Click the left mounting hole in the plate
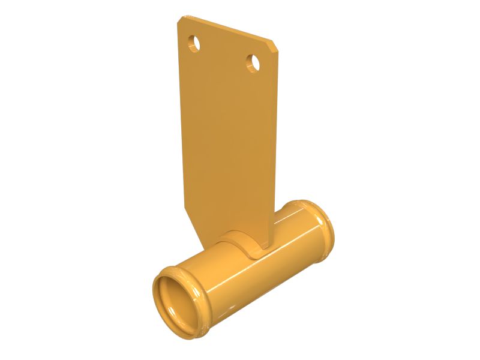[194, 43]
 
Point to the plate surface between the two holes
[224, 53]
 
